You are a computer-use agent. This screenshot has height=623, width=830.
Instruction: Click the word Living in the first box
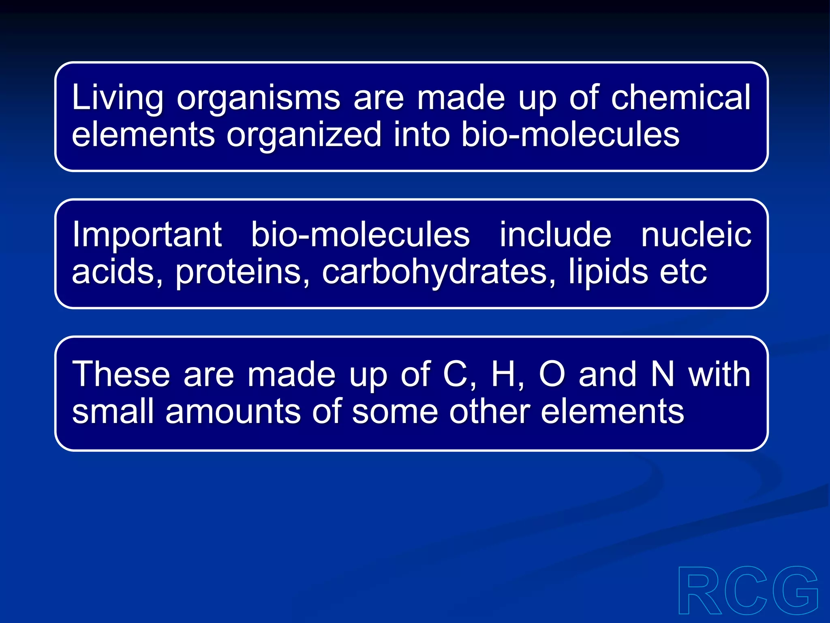[118, 98]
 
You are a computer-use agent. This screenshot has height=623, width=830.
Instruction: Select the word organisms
[258, 98]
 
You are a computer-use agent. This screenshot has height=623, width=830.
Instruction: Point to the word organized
[304, 135]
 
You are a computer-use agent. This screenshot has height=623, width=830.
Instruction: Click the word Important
[147, 235]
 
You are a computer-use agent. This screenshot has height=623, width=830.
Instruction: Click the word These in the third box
[121, 374]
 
